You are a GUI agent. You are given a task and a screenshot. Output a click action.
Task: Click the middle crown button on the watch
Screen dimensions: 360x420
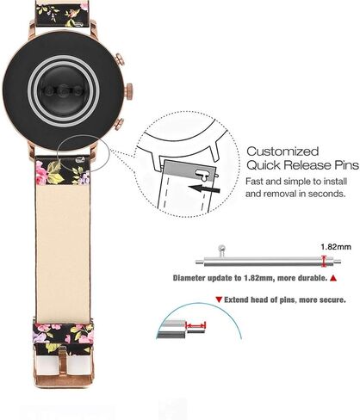click(129, 91)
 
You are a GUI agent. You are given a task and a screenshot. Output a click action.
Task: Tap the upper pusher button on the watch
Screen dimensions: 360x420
click(120, 60)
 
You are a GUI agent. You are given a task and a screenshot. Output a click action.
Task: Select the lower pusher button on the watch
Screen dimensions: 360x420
click(119, 124)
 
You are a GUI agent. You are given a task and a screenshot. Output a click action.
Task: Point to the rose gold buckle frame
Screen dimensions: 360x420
click(63, 370)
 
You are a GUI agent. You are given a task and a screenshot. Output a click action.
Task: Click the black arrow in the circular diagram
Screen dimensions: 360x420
click(204, 188)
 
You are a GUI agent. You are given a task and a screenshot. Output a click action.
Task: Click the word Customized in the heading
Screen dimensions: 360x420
click(282, 151)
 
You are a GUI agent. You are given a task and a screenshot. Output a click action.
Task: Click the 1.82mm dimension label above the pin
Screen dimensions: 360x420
click(336, 247)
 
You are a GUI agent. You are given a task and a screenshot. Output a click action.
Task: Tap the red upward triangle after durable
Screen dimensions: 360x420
click(333, 278)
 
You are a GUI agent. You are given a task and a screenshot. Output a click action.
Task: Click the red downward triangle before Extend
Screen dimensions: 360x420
click(220, 300)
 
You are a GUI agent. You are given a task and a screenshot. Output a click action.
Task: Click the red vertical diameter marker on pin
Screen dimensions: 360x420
click(324, 261)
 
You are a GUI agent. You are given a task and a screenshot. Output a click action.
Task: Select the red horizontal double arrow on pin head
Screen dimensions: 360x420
click(196, 325)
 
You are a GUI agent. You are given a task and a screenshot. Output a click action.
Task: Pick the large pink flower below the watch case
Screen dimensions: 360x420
click(40, 172)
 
